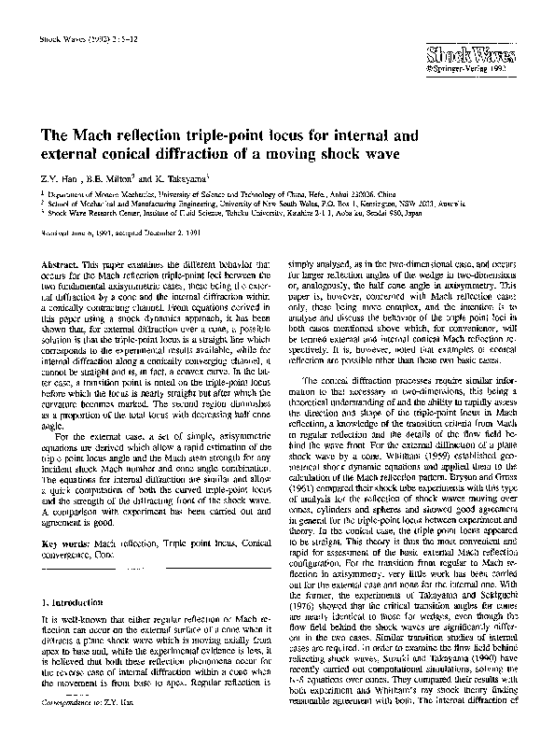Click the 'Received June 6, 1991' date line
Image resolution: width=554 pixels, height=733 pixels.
(x=75, y=225)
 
